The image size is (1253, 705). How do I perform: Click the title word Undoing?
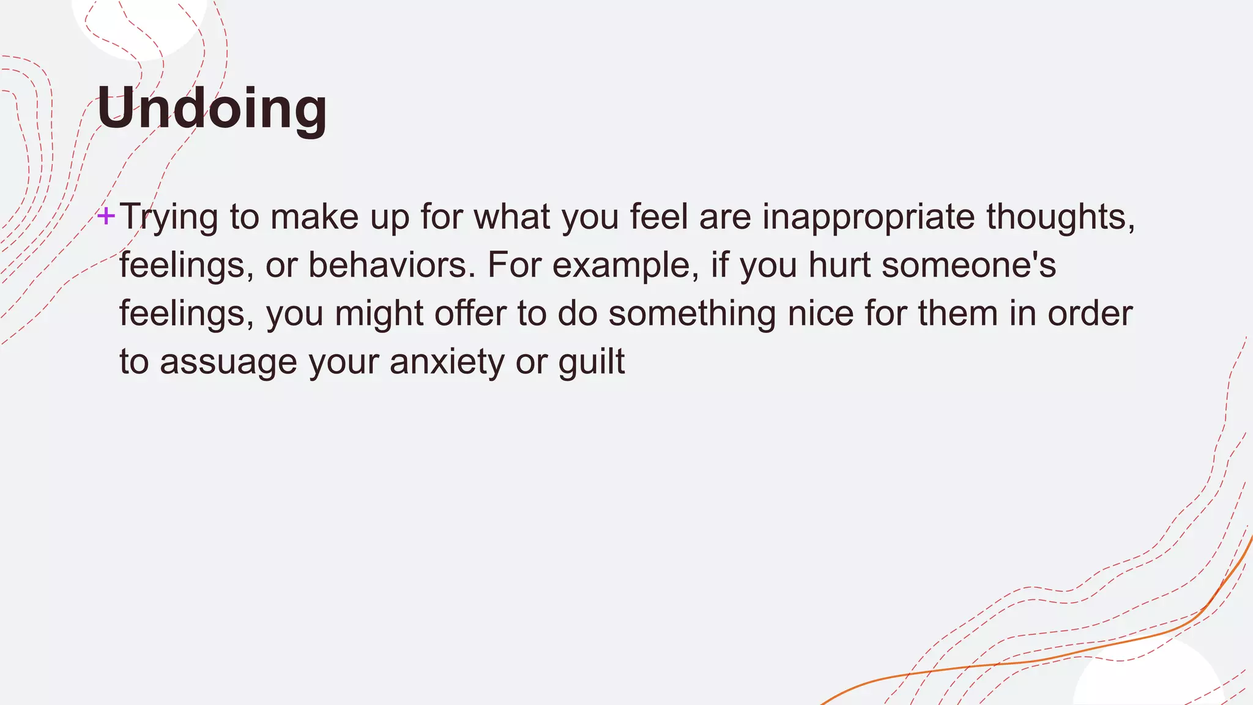click(x=212, y=108)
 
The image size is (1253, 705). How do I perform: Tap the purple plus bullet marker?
click(x=106, y=215)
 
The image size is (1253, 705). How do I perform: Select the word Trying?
click(x=169, y=217)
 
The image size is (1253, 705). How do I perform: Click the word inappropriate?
click(x=868, y=217)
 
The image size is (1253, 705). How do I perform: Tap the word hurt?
click(x=839, y=266)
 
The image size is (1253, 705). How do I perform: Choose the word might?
click(x=379, y=314)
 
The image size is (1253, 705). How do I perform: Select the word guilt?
click(x=591, y=362)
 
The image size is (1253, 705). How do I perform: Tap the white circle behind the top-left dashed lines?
click(x=138, y=24)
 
